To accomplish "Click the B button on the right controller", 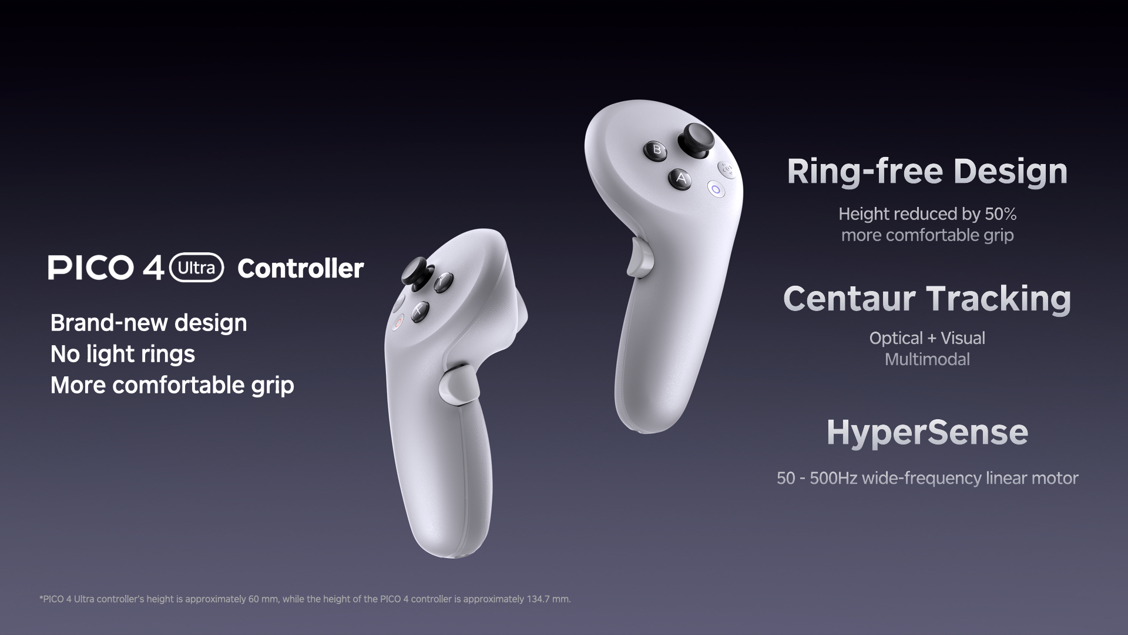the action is tap(657, 149).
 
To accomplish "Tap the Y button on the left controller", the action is tap(442, 282).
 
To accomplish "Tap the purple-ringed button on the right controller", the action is tap(715, 189).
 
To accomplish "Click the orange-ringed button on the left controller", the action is tap(398, 321).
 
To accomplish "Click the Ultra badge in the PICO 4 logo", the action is tap(196, 268).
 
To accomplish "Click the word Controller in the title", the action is tap(301, 269).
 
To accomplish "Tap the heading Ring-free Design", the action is tap(927, 172).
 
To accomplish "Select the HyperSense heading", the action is tap(927, 433).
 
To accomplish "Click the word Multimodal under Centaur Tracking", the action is tap(927, 359).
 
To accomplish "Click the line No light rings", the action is tap(123, 354).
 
